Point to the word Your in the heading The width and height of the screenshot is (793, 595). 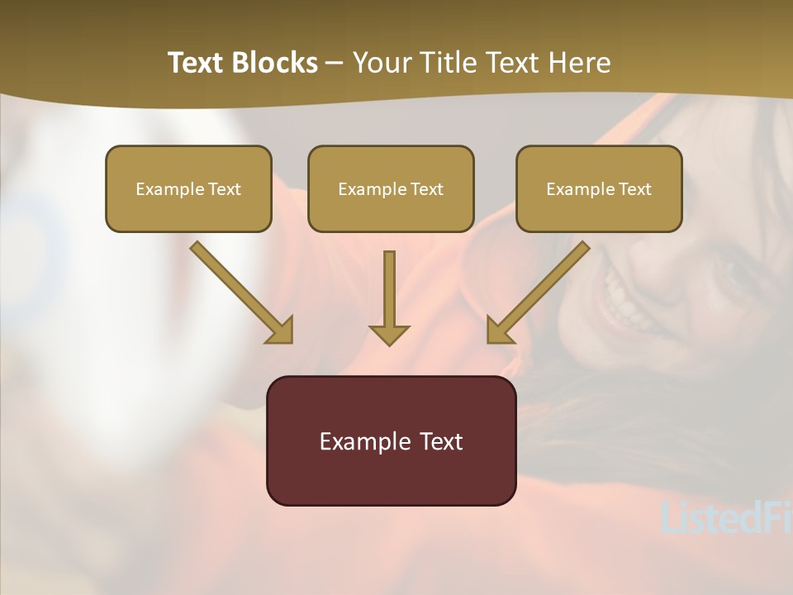coord(383,63)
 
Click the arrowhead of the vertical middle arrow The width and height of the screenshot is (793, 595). coord(389,335)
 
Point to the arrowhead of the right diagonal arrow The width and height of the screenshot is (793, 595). coord(499,330)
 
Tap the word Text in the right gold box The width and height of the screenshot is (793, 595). coord(634,189)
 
